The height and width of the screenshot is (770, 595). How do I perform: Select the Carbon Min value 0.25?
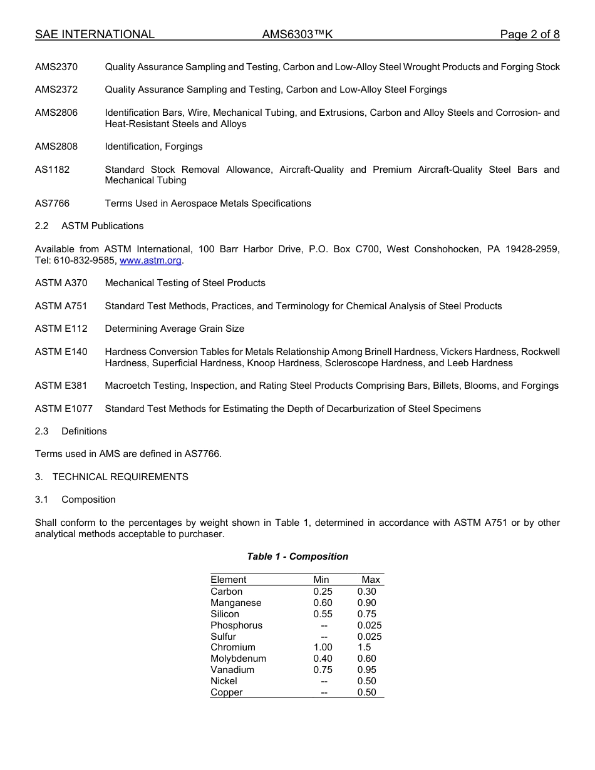(323, 592)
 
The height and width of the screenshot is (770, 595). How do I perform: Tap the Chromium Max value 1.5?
(364, 647)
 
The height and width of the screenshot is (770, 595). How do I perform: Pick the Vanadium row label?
(232, 670)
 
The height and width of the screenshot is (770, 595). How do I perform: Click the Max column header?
(371, 580)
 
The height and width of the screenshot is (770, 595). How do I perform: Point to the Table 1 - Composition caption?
(297, 557)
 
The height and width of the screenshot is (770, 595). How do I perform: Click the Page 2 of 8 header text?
(530, 35)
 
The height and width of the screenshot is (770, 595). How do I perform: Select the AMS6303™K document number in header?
(297, 35)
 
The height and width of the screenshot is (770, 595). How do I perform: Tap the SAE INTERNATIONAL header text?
(95, 35)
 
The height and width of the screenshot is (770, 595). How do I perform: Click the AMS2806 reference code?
(56, 113)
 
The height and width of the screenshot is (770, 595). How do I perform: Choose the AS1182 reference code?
(52, 170)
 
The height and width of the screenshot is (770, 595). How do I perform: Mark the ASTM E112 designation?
(61, 329)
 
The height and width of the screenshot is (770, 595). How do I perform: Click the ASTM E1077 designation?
(64, 409)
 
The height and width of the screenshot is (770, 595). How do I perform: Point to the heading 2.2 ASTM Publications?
(89, 226)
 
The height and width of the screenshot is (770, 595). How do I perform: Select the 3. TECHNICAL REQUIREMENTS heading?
(111, 477)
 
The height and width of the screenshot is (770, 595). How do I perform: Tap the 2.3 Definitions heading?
(71, 431)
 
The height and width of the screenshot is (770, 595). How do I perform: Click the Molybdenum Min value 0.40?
(323, 659)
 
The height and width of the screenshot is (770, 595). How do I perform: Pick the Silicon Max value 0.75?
(366, 614)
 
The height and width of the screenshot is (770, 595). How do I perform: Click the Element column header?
(229, 580)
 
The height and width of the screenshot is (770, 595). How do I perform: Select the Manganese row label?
(236, 603)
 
